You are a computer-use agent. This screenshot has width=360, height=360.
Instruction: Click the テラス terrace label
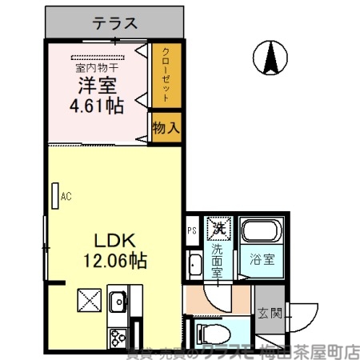(117, 23)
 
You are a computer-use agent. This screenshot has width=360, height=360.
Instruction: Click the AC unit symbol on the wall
(56, 194)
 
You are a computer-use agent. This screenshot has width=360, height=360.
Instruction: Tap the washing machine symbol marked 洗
(218, 228)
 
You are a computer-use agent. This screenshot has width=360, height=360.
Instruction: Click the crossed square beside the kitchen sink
(87, 302)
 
